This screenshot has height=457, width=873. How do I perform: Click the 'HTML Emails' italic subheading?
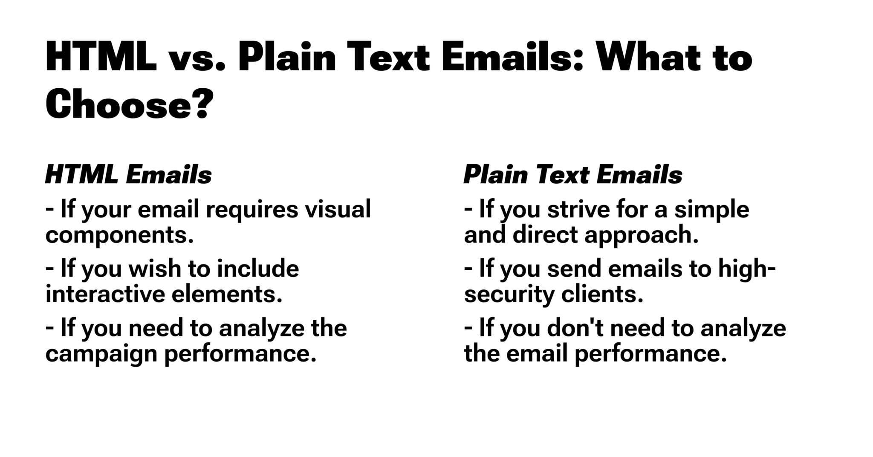(128, 175)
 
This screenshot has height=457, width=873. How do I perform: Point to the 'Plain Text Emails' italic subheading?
(573, 175)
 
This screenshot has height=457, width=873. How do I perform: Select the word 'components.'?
(120, 235)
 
